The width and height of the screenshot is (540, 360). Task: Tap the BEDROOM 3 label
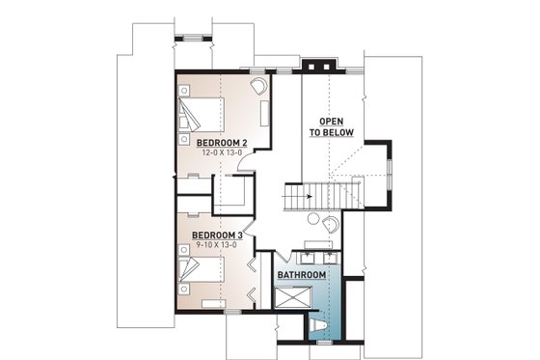coord(217,235)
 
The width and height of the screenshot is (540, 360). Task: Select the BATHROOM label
coord(301,276)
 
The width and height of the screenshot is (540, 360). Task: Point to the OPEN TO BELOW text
coord(330,127)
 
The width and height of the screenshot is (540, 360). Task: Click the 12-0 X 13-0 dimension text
coord(221,153)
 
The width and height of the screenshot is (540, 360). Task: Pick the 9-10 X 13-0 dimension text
coord(217,246)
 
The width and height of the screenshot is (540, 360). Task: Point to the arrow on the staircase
coord(310,196)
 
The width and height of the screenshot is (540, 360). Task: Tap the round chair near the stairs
coord(330,223)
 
